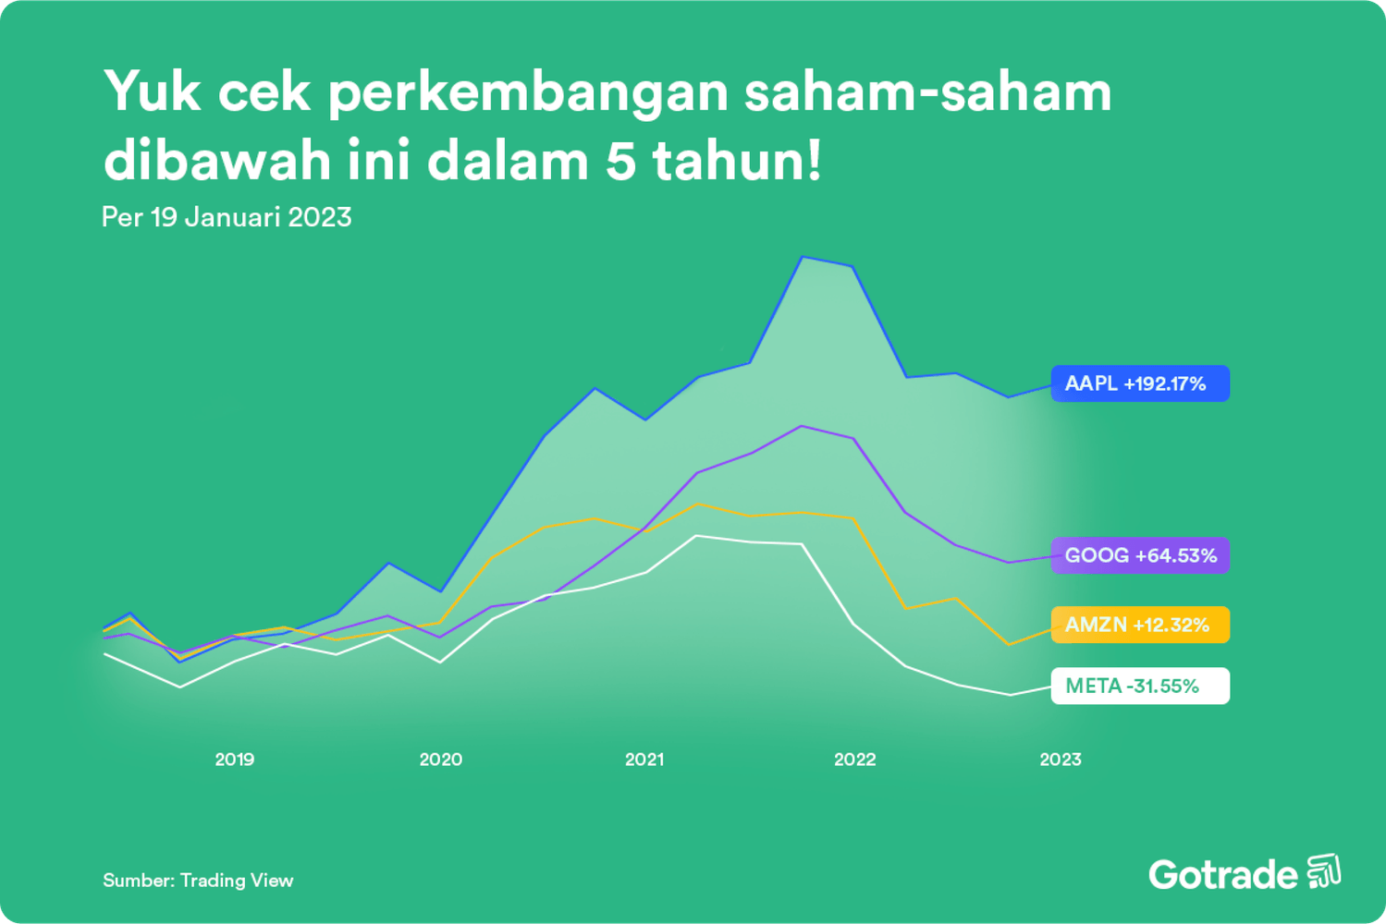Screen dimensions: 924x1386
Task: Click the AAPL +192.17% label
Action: pos(1139,383)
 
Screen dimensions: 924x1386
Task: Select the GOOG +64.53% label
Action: pos(1139,555)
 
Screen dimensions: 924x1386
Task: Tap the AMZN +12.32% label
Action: pos(1139,625)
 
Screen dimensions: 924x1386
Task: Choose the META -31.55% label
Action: pos(1139,686)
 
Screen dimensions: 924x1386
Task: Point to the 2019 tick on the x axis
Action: pos(234,760)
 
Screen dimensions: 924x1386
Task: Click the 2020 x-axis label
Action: pos(440,760)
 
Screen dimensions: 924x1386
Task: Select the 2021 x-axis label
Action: pos(644,760)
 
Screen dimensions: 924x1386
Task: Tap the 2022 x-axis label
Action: pos(854,760)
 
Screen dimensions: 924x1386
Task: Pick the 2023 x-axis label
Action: pos(1060,760)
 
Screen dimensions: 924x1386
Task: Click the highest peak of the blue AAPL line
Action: pos(803,257)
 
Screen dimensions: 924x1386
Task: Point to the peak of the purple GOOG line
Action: pos(802,426)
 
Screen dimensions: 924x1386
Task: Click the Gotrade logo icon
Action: pos(1324,871)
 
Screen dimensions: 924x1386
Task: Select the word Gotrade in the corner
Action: pos(1222,874)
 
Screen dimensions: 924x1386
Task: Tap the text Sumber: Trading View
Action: pos(198,881)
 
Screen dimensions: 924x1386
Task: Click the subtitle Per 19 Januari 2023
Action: pos(227,217)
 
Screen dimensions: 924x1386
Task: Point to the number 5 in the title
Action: pos(621,161)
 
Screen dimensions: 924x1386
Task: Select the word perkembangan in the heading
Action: pos(528,94)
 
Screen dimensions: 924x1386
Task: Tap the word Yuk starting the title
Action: pos(152,92)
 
